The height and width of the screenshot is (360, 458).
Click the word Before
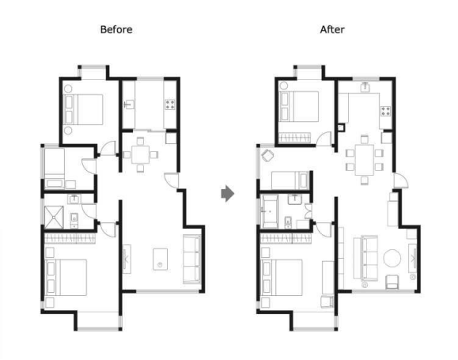pos(116,29)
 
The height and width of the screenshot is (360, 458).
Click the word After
pos(332,29)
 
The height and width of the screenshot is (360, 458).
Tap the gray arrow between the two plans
pos(228,193)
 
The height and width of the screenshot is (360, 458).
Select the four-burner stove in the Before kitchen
pos(170,104)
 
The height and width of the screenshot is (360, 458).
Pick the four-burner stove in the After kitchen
pos(385,111)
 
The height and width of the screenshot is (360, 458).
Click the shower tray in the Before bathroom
pos(54,217)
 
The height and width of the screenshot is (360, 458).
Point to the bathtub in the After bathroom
pos(270,210)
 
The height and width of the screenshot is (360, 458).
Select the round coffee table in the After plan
pos(392,258)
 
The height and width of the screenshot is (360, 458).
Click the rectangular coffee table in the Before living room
pos(161,260)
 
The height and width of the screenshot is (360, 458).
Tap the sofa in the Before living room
pos(191,260)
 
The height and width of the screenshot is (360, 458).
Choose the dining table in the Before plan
pos(141,154)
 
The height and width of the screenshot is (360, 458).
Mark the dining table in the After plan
pos(364,160)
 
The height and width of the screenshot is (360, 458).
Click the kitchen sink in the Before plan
pos(129,104)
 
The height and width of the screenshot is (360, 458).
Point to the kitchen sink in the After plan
pos(365,88)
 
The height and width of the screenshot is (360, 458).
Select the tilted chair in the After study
pos(267,155)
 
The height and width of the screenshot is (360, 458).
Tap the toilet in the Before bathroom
pos(74,219)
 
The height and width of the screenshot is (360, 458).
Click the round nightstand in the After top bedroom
pos(284,85)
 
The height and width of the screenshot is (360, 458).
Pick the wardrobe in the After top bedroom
pos(295,137)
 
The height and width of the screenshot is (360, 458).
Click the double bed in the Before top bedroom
pos(84,109)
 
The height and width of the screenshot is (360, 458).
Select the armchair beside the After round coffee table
pos(392,282)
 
